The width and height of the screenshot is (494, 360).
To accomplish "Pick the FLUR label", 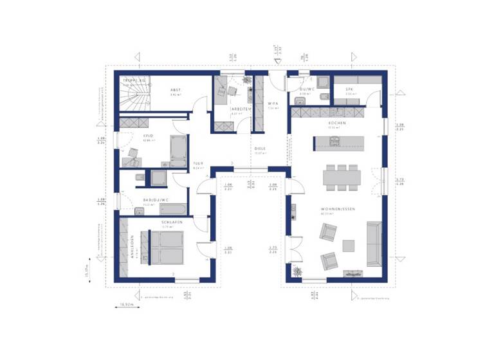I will coord(198,164).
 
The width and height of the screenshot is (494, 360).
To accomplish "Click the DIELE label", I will coord(260,148).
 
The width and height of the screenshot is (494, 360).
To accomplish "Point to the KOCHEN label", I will coord(337,123).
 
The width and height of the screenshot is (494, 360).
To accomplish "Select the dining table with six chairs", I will coord(342,176).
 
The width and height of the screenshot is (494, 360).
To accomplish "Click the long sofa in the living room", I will coord(373,244).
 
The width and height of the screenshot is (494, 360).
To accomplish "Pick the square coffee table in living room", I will coord(348,246).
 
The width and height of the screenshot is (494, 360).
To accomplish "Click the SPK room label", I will coord(349,89).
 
